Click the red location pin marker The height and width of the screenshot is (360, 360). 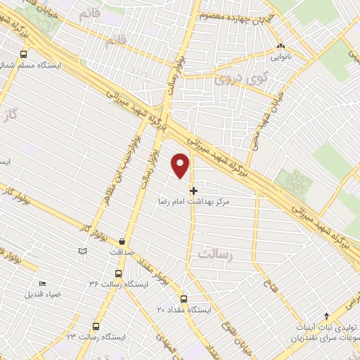coord(181,165)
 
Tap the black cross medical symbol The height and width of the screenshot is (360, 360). coord(194,190)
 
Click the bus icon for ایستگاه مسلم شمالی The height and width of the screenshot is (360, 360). coord(24,53)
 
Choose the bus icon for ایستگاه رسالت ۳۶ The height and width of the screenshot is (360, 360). coord(118,274)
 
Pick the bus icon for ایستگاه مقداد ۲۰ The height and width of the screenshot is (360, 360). coord(184,299)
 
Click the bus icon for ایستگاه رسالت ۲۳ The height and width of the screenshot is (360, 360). coord(96,326)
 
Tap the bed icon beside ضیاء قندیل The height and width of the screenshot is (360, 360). coord(42,283)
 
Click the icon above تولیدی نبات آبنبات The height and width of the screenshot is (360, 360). coord(326,316)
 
